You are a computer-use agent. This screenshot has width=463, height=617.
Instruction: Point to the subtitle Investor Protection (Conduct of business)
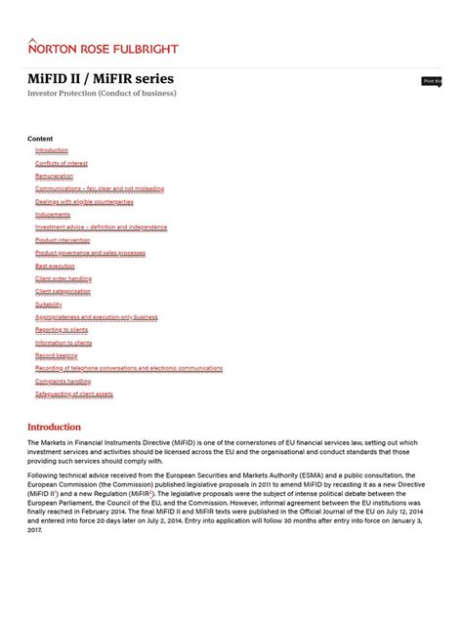click(x=102, y=93)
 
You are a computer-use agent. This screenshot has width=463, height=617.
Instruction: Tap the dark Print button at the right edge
click(x=432, y=81)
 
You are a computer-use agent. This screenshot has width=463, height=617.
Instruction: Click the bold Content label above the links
click(x=40, y=139)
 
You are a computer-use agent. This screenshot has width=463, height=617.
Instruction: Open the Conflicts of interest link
click(x=62, y=163)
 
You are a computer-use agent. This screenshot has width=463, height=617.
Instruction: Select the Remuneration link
click(x=54, y=176)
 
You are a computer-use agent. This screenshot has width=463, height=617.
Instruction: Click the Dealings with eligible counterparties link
click(x=84, y=201)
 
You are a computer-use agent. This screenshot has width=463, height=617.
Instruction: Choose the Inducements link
click(x=53, y=214)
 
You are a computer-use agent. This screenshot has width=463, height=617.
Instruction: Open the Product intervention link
click(x=63, y=239)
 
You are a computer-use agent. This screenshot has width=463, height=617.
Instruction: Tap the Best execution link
click(x=55, y=266)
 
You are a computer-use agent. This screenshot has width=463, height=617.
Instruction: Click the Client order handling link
click(x=63, y=278)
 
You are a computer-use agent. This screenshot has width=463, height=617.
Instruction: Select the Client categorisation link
click(x=63, y=291)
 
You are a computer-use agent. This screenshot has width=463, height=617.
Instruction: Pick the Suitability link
click(x=49, y=304)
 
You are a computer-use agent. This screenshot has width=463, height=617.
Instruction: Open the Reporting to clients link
click(x=62, y=330)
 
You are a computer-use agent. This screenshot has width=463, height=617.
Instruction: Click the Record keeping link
click(x=57, y=355)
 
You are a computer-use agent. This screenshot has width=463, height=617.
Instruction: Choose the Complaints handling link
click(x=63, y=382)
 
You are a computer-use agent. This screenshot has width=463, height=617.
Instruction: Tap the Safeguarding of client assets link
click(x=74, y=394)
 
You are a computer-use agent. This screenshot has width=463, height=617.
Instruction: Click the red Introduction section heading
click(x=54, y=427)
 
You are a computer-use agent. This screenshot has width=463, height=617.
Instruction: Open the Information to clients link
click(x=63, y=343)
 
